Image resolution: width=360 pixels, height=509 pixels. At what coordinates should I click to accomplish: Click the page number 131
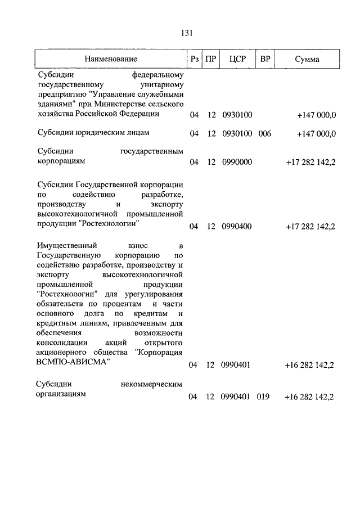tap(187, 33)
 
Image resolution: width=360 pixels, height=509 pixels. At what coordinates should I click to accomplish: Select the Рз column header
tap(194, 58)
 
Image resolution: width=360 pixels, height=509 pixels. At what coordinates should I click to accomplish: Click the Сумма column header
tap(307, 58)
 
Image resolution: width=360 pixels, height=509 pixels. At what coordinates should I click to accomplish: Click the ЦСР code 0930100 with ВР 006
tap(237, 133)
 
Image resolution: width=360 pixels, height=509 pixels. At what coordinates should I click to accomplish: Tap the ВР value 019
tap(263, 397)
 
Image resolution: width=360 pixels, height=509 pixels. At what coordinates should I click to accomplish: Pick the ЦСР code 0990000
tap(237, 162)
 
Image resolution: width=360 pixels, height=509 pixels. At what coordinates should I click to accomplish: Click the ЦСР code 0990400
tap(237, 227)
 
